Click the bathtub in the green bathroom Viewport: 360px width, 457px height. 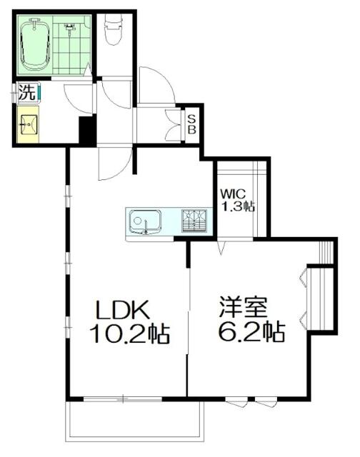(x=34, y=44)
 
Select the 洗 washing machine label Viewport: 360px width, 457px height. (x=26, y=91)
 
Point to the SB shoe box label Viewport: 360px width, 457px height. (x=192, y=125)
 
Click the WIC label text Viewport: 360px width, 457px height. (x=234, y=193)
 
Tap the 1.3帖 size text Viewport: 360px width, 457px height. (x=237, y=206)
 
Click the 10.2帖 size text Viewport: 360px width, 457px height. (x=129, y=333)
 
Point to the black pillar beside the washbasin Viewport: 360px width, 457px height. (x=86, y=130)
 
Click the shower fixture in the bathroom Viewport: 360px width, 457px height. (x=70, y=29)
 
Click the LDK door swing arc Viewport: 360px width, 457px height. (x=114, y=164)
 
